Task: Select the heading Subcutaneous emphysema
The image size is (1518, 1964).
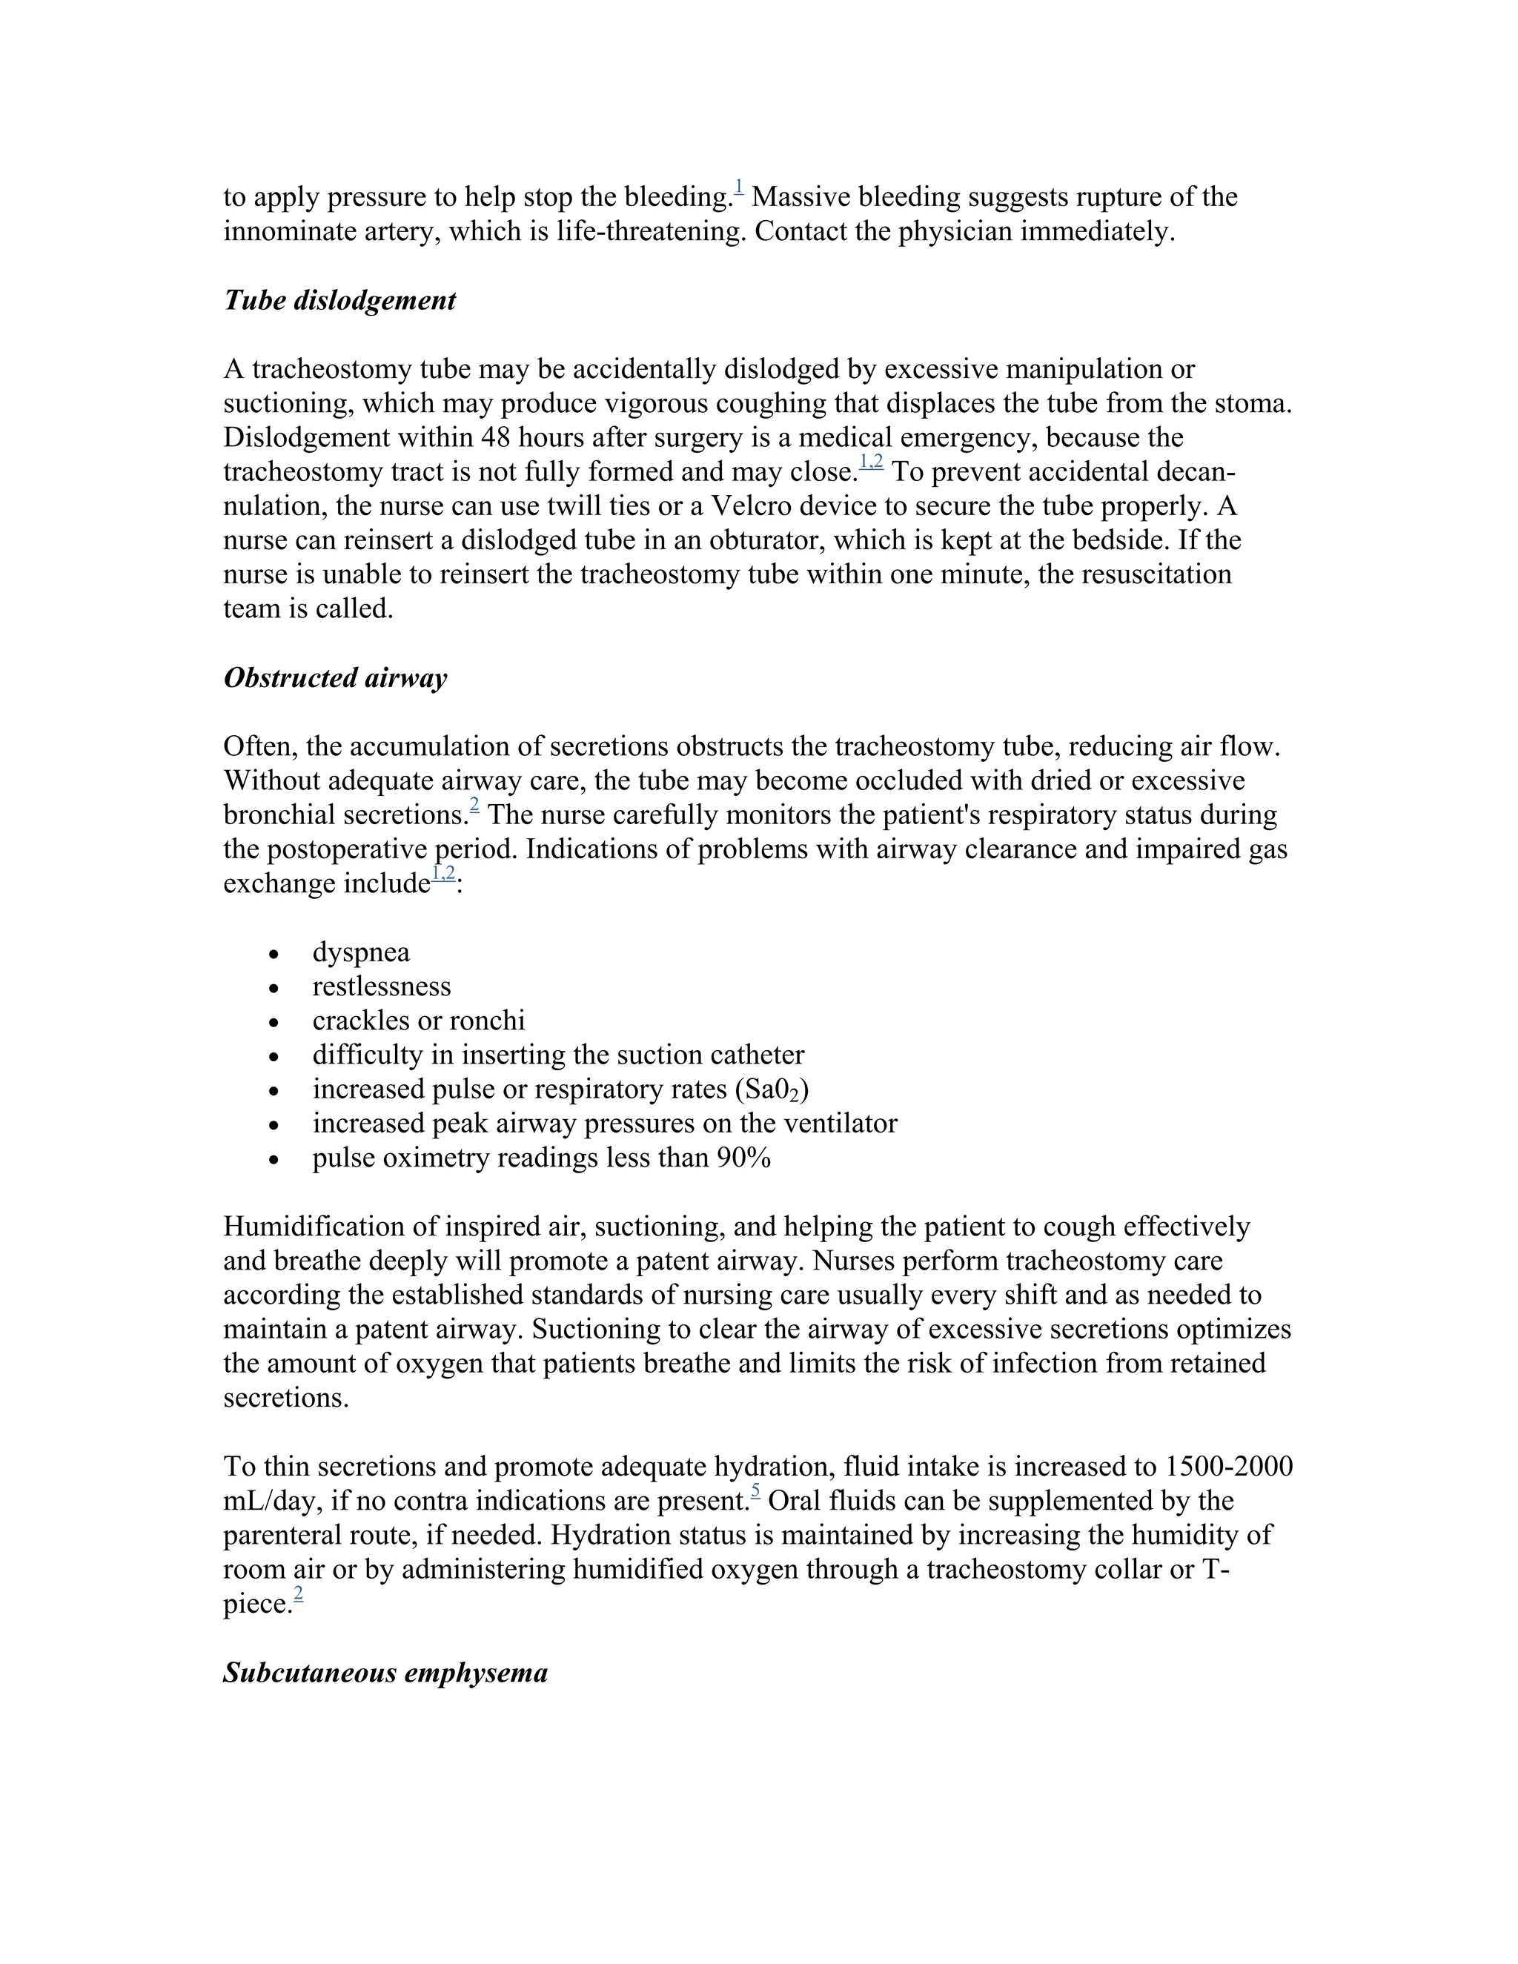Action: [x=385, y=1673]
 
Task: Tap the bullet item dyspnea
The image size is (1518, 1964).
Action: [x=361, y=952]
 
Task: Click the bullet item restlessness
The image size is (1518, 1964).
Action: [x=381, y=986]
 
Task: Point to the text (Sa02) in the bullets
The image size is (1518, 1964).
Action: [x=772, y=1090]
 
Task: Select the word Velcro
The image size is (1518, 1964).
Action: [x=751, y=506]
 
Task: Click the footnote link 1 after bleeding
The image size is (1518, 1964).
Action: [x=738, y=187]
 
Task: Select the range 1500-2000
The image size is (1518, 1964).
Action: [x=1228, y=1467]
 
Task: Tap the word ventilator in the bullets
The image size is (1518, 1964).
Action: [x=850, y=1124]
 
